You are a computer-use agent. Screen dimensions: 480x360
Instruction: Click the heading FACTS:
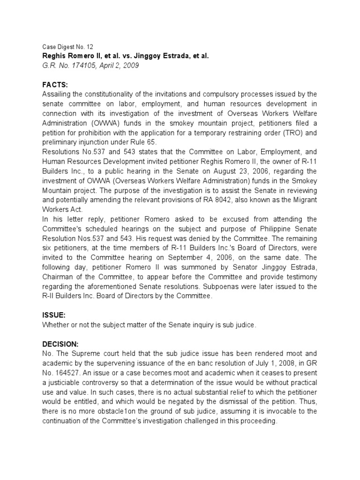point(55,84)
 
